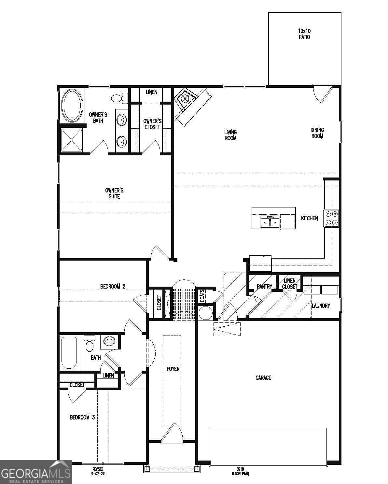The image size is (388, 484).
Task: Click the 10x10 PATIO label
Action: click(304, 34)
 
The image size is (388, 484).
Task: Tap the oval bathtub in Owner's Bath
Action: click(72, 106)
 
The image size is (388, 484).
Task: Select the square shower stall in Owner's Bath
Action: click(72, 140)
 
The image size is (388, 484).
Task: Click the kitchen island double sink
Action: click(270, 222)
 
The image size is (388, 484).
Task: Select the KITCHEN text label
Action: click(309, 218)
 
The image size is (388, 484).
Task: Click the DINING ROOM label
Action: click(317, 133)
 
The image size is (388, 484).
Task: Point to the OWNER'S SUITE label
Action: click(114, 193)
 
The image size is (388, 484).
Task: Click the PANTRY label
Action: click(264, 287)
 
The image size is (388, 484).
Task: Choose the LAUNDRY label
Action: click(321, 306)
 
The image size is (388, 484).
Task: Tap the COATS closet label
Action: click(202, 296)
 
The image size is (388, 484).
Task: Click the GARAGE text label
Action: click(263, 377)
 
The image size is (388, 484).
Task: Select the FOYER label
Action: click(173, 369)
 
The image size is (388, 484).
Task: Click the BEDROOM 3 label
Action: click(82, 417)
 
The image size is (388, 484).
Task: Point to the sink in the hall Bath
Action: click(109, 342)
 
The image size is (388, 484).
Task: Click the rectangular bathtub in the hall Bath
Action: click(69, 352)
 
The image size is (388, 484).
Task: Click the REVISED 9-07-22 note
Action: click(98, 471)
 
